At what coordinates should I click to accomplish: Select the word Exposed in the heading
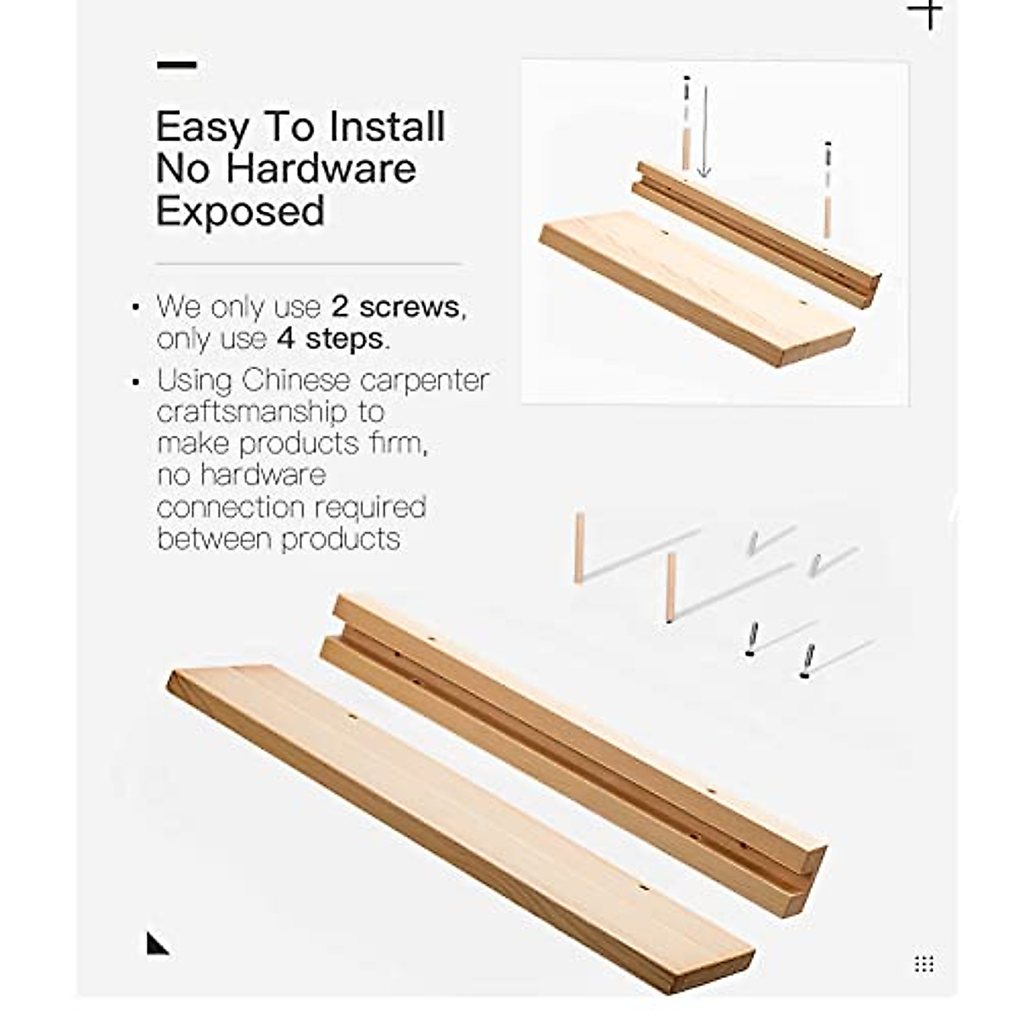click(240, 210)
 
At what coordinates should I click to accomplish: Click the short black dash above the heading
click(176, 64)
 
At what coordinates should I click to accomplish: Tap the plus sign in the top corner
click(926, 13)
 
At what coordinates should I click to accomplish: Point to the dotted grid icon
click(924, 964)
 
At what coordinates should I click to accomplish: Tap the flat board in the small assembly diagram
click(696, 288)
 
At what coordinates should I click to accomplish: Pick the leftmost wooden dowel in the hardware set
click(579, 547)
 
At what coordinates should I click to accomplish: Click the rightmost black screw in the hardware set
click(807, 662)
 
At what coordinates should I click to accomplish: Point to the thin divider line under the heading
click(308, 265)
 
